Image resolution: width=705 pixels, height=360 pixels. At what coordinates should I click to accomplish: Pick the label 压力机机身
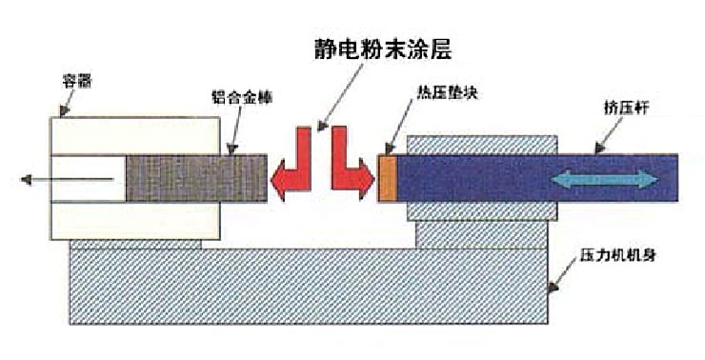coord(615,257)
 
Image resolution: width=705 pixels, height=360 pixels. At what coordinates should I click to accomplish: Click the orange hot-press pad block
coord(387,178)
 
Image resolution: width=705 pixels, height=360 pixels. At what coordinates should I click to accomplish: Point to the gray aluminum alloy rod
coord(196,178)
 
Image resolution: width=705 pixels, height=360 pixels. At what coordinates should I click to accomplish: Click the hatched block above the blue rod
coord(481,144)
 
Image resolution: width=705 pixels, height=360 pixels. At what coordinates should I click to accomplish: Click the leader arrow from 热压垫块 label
coord(400,128)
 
